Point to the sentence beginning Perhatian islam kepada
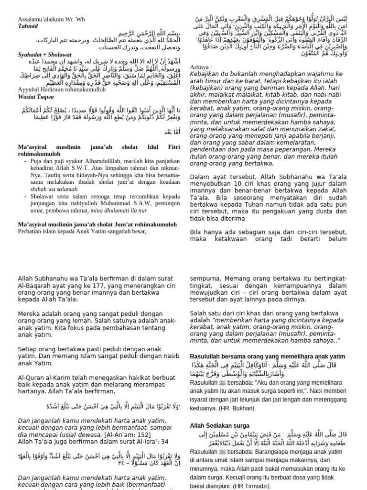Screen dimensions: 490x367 coord(82,231)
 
